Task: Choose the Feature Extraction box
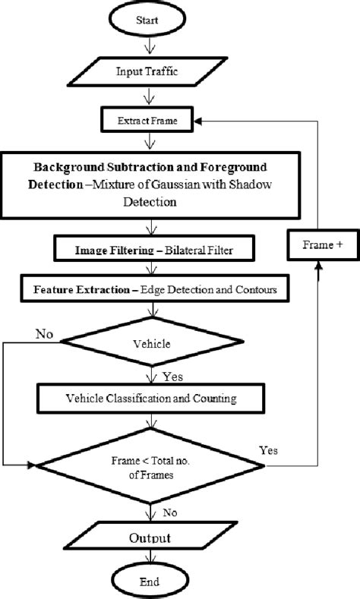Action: pos(155,289)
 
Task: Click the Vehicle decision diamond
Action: pos(155,342)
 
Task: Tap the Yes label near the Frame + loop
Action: pos(269,450)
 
